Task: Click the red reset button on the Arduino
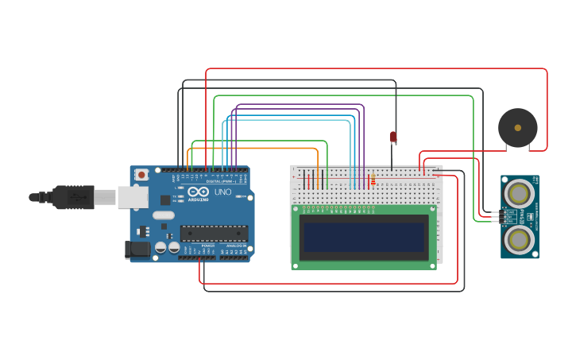[x=142, y=174]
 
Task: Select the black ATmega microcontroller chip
[x=213, y=233]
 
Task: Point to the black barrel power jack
[x=137, y=250]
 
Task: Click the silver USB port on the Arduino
[x=133, y=197]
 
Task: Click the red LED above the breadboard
[x=392, y=137]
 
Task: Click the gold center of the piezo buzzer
[x=518, y=127]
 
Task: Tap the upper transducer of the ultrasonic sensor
[x=520, y=193]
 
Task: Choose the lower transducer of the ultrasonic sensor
[x=520, y=239]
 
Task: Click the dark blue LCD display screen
[x=364, y=237]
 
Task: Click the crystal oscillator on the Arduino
[x=164, y=215]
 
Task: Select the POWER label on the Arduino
[x=207, y=246]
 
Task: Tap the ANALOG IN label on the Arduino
[x=236, y=246]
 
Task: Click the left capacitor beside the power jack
[x=160, y=248]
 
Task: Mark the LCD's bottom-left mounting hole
[x=296, y=265]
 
